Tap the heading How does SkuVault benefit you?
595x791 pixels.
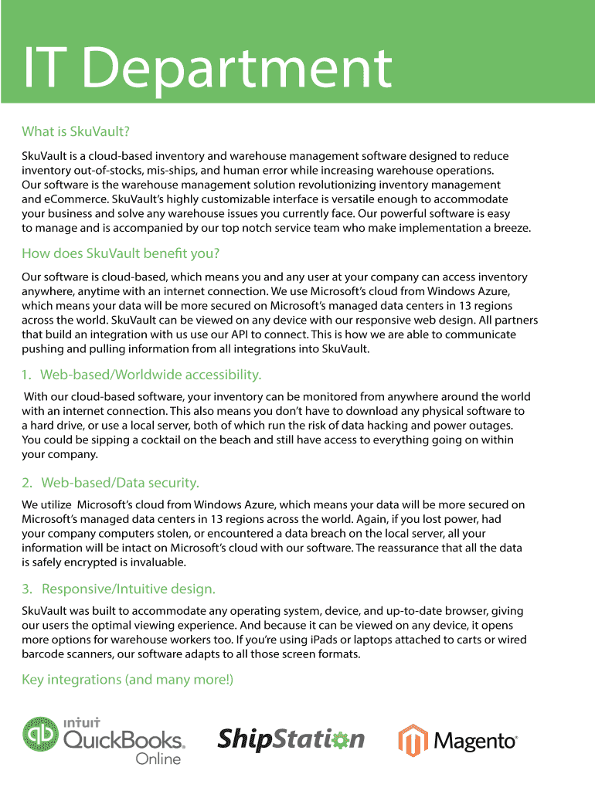tap(121, 253)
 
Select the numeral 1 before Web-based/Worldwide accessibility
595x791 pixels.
tap(25, 375)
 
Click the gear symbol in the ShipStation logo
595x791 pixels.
tap(335, 738)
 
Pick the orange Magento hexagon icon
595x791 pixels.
tap(413, 740)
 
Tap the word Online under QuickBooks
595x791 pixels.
tap(158, 759)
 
